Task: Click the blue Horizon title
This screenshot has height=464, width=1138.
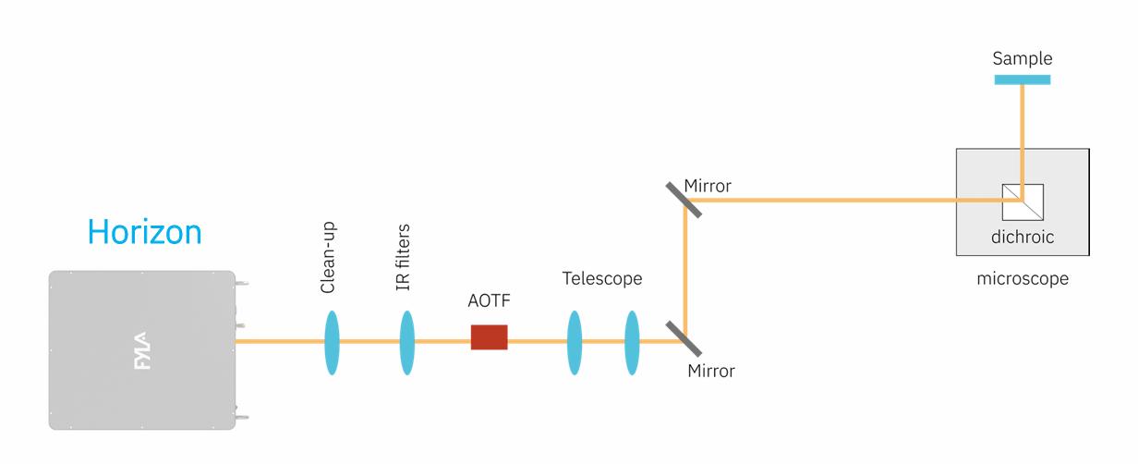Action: (x=144, y=232)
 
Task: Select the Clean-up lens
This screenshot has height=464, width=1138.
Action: (x=332, y=342)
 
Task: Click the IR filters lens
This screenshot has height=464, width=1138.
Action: (x=406, y=342)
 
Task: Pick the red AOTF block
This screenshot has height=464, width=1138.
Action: (x=489, y=337)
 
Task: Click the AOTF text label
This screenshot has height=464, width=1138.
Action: (x=489, y=302)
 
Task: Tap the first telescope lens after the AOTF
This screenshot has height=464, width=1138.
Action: (x=575, y=342)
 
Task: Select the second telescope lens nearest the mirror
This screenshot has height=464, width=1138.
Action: (x=632, y=342)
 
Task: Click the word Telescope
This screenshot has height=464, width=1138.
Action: (x=601, y=278)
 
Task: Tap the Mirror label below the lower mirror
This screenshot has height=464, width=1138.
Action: (x=711, y=372)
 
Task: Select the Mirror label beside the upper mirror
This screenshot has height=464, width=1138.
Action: (x=708, y=186)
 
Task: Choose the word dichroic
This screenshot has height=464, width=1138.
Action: (x=1022, y=238)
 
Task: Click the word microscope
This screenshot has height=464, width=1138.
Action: (x=1023, y=278)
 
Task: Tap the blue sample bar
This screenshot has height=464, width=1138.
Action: (x=1022, y=79)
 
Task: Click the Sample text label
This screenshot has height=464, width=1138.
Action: (x=1022, y=58)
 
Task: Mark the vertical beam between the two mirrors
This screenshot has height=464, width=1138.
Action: (x=684, y=268)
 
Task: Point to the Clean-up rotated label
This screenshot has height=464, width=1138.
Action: (x=328, y=258)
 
